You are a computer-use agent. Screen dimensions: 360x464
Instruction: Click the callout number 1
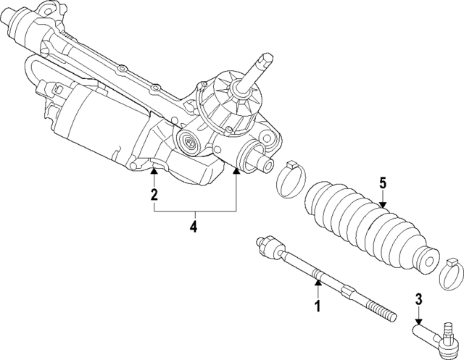(x=316, y=306)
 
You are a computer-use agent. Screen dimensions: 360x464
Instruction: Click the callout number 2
(x=154, y=194)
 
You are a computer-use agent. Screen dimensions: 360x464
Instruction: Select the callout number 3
(x=418, y=298)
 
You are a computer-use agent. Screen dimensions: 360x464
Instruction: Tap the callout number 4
(x=194, y=227)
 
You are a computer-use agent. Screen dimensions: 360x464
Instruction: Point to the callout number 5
(x=383, y=183)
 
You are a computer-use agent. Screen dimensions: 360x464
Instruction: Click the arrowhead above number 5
(x=383, y=204)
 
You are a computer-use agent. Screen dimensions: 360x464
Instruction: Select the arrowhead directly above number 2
(x=154, y=171)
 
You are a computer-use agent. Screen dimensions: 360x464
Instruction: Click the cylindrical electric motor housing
(x=98, y=123)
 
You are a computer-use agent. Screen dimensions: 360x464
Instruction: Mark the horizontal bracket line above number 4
(x=194, y=210)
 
